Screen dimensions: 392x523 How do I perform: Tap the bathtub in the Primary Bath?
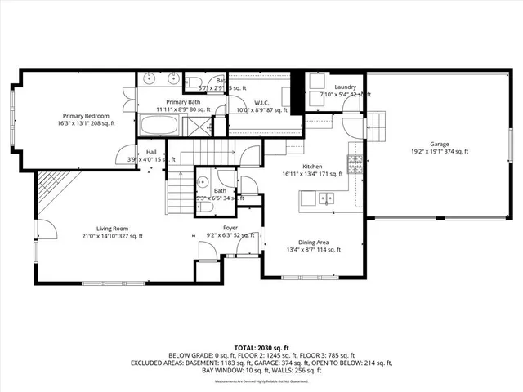pos(159,127)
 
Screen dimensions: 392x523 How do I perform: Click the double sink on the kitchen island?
pos(324,197)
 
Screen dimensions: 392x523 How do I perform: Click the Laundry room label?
pos(344,87)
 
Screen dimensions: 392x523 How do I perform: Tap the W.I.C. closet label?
pos(261,102)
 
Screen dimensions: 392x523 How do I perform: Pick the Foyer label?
pos(230,229)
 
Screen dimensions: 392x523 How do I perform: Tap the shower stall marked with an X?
pos(195,127)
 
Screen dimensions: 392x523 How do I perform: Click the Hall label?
pos(151,152)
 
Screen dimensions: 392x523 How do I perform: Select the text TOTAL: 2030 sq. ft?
pos(261,347)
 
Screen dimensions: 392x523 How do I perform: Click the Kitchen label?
pos(313,165)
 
